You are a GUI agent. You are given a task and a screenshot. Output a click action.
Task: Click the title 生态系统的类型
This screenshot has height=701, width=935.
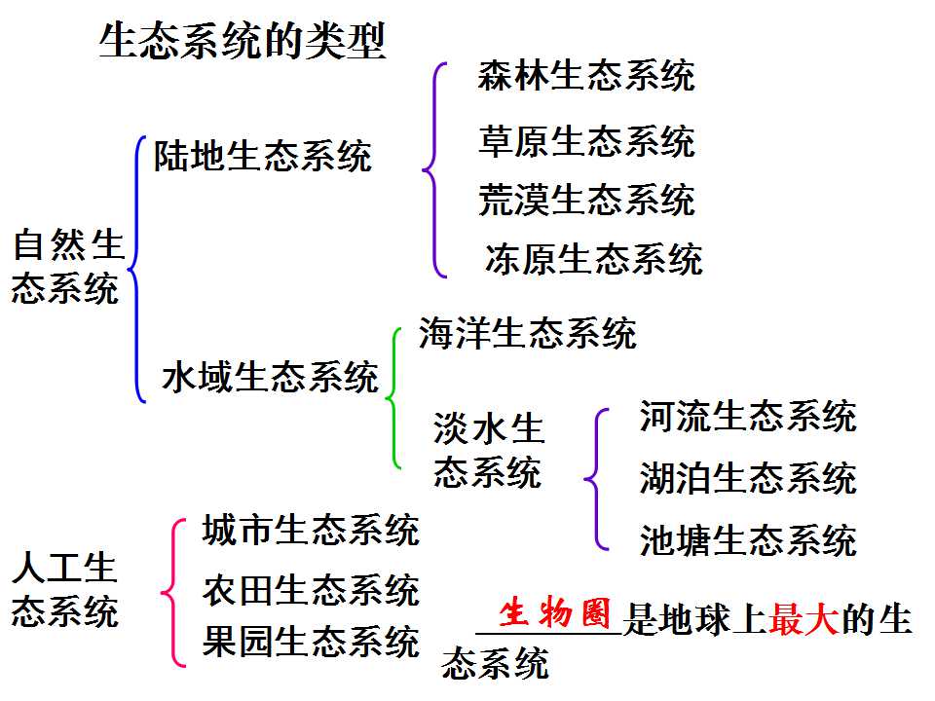coord(243,41)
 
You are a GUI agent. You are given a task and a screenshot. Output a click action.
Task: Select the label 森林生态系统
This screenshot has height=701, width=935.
coord(586,76)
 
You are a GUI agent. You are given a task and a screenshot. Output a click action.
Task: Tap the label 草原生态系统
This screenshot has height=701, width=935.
coord(586,141)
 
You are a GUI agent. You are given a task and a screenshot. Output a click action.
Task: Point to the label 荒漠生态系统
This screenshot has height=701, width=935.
coord(586,199)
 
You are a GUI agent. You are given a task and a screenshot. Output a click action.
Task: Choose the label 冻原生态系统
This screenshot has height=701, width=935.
coord(594,259)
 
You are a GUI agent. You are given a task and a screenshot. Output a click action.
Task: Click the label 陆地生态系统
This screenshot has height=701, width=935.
coord(263,156)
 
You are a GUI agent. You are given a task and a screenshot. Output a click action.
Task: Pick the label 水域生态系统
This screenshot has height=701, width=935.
coord(270,377)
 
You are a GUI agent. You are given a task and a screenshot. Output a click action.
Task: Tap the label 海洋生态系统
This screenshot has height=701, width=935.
coord(528,332)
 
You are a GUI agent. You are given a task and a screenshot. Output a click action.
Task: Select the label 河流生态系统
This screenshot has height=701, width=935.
coord(748,416)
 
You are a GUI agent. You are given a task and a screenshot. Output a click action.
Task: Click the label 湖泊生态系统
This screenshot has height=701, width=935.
coord(748,477)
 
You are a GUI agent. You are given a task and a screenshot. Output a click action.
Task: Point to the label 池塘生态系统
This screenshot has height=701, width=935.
coord(748,540)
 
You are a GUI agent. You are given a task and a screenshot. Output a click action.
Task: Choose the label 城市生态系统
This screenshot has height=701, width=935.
coord(312,530)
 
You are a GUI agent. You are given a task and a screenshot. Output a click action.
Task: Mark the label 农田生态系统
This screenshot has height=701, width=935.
coord(312,590)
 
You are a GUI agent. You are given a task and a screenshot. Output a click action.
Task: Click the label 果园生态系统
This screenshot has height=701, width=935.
coord(312,642)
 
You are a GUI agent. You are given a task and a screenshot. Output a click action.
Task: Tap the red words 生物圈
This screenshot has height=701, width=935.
coord(554,613)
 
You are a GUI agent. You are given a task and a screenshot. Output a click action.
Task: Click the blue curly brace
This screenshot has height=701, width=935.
coord(136,270)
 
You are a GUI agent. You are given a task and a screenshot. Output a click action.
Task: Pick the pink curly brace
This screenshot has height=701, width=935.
coord(172,593)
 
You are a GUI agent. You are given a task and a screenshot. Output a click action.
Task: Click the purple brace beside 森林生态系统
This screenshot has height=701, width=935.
coord(433,169)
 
